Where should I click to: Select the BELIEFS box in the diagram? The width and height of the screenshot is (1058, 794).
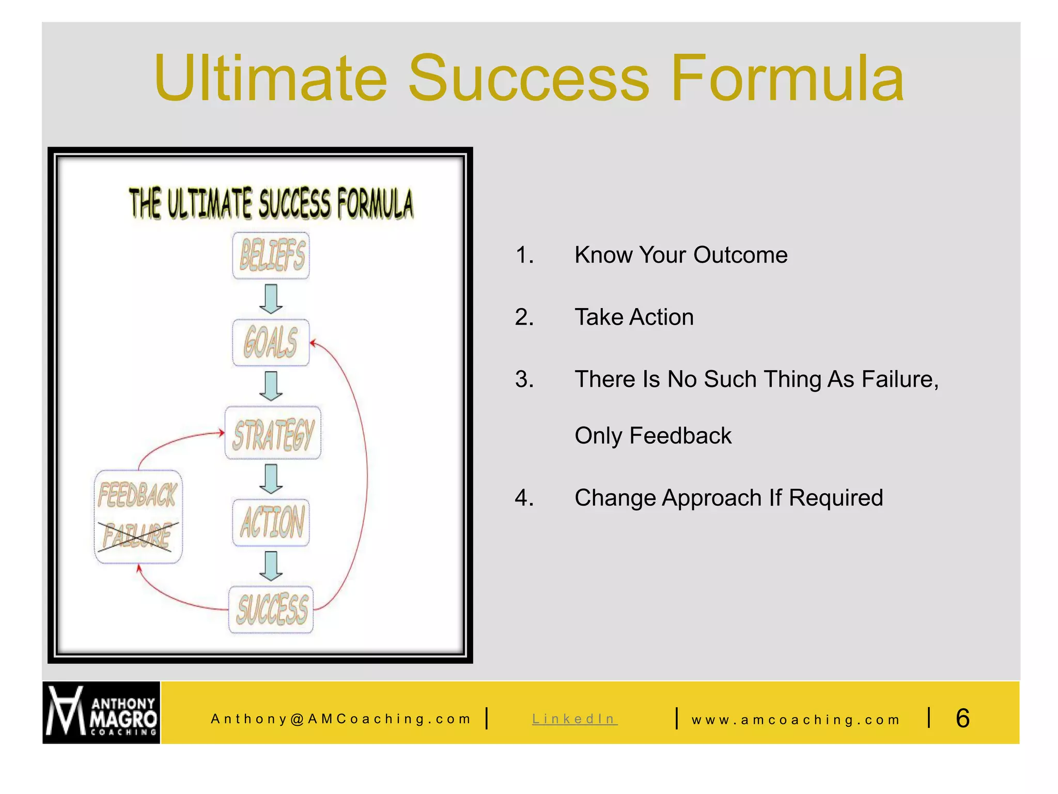pyautogui.click(x=271, y=255)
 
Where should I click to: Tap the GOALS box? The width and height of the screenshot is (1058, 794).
pyautogui.click(x=271, y=343)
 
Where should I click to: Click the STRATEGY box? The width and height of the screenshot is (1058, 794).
pyautogui.click(x=273, y=433)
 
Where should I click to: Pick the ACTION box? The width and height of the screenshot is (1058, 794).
pyautogui.click(x=271, y=522)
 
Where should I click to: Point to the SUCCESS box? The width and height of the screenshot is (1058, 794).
pyautogui.click(x=271, y=609)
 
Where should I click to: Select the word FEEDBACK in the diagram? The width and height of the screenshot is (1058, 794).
pyautogui.click(x=137, y=495)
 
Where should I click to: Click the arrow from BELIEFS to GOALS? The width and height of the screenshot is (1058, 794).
pyautogui.click(x=271, y=299)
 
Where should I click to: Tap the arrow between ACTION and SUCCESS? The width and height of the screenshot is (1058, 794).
pyautogui.click(x=271, y=566)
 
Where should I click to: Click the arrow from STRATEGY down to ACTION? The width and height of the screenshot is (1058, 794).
pyautogui.click(x=271, y=478)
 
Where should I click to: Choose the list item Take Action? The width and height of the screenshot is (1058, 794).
pyautogui.click(x=634, y=317)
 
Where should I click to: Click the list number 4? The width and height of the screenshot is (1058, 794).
pyautogui.click(x=523, y=498)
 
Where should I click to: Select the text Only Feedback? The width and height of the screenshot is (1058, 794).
pyautogui.click(x=653, y=436)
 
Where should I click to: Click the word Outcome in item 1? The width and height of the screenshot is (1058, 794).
pyautogui.click(x=740, y=255)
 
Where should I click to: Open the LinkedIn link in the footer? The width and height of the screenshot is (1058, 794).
pyautogui.click(x=574, y=719)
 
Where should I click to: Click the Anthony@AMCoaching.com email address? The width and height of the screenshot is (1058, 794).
pyautogui.click(x=341, y=719)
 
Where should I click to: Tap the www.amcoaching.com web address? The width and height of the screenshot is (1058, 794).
pyautogui.click(x=796, y=720)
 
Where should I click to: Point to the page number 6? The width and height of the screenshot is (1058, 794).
pyautogui.click(x=962, y=718)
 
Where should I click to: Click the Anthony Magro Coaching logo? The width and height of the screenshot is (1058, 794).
pyautogui.click(x=101, y=712)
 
